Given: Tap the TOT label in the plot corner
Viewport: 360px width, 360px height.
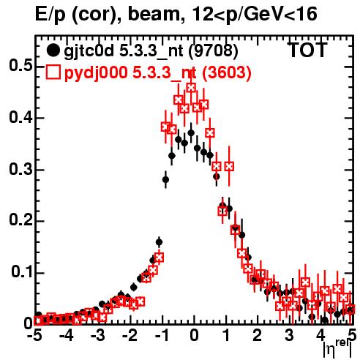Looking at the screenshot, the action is [308, 50].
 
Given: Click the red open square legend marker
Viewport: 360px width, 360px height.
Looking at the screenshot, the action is [53, 72].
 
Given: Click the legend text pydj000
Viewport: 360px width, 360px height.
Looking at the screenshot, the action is [96, 73].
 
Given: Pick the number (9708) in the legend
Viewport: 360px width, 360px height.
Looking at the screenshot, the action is [214, 51].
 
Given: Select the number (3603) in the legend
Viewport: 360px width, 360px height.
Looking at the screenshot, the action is [227, 73].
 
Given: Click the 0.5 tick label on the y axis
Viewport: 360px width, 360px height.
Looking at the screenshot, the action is [20, 66].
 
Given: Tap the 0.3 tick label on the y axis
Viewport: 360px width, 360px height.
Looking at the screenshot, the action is [20, 169].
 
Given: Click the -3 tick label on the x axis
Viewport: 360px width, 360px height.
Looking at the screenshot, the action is [98, 335].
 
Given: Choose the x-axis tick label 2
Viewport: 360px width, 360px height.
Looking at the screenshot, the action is [258, 335].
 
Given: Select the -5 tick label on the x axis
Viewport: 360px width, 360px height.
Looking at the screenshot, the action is [34, 335].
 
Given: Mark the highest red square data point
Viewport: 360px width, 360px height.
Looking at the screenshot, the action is [191, 88].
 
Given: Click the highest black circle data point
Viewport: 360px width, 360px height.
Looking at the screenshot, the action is [191, 133].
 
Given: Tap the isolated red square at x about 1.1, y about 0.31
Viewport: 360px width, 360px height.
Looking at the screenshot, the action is [229, 167].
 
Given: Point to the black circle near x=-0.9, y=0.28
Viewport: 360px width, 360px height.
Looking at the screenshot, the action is [165, 180].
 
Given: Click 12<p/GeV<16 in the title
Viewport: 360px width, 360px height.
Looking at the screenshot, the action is [255, 15].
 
